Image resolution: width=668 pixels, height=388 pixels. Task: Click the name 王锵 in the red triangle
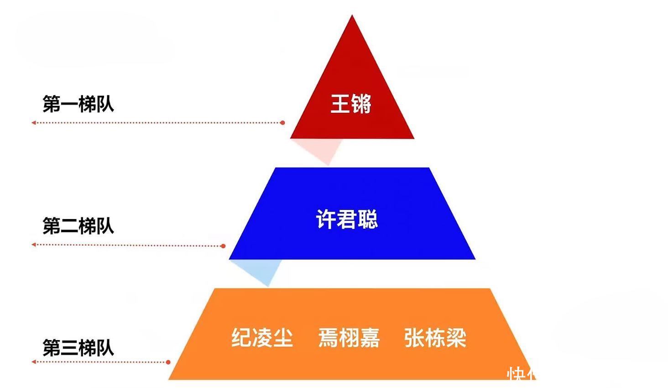[x=351, y=104]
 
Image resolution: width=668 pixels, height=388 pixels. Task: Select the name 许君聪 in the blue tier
[x=347, y=219]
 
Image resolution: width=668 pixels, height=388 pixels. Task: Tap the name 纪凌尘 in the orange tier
[x=262, y=338]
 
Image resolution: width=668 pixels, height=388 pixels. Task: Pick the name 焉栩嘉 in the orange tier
[x=349, y=338]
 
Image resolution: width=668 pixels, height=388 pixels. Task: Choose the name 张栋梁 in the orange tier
[x=435, y=338]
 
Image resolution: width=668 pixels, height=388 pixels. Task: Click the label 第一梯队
[x=78, y=104]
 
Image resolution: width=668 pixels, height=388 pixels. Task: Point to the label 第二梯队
[x=78, y=226]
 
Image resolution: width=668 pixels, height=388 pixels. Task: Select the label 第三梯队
[x=78, y=348]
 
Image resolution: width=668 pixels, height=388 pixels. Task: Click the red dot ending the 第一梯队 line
[x=282, y=123]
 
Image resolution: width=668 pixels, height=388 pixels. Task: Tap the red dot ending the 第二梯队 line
[x=223, y=246]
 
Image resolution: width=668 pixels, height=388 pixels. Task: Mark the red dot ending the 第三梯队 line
[x=168, y=362]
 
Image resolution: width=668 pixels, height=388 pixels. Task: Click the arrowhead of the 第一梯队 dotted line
[x=34, y=123]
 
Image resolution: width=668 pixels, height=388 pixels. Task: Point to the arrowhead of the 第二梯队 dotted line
[x=34, y=245]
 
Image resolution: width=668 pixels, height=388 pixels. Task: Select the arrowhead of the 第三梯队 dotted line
[x=34, y=362]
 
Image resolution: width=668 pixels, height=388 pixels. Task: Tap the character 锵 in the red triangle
[x=361, y=104]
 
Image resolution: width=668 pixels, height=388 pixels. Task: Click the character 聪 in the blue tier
[x=368, y=219]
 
